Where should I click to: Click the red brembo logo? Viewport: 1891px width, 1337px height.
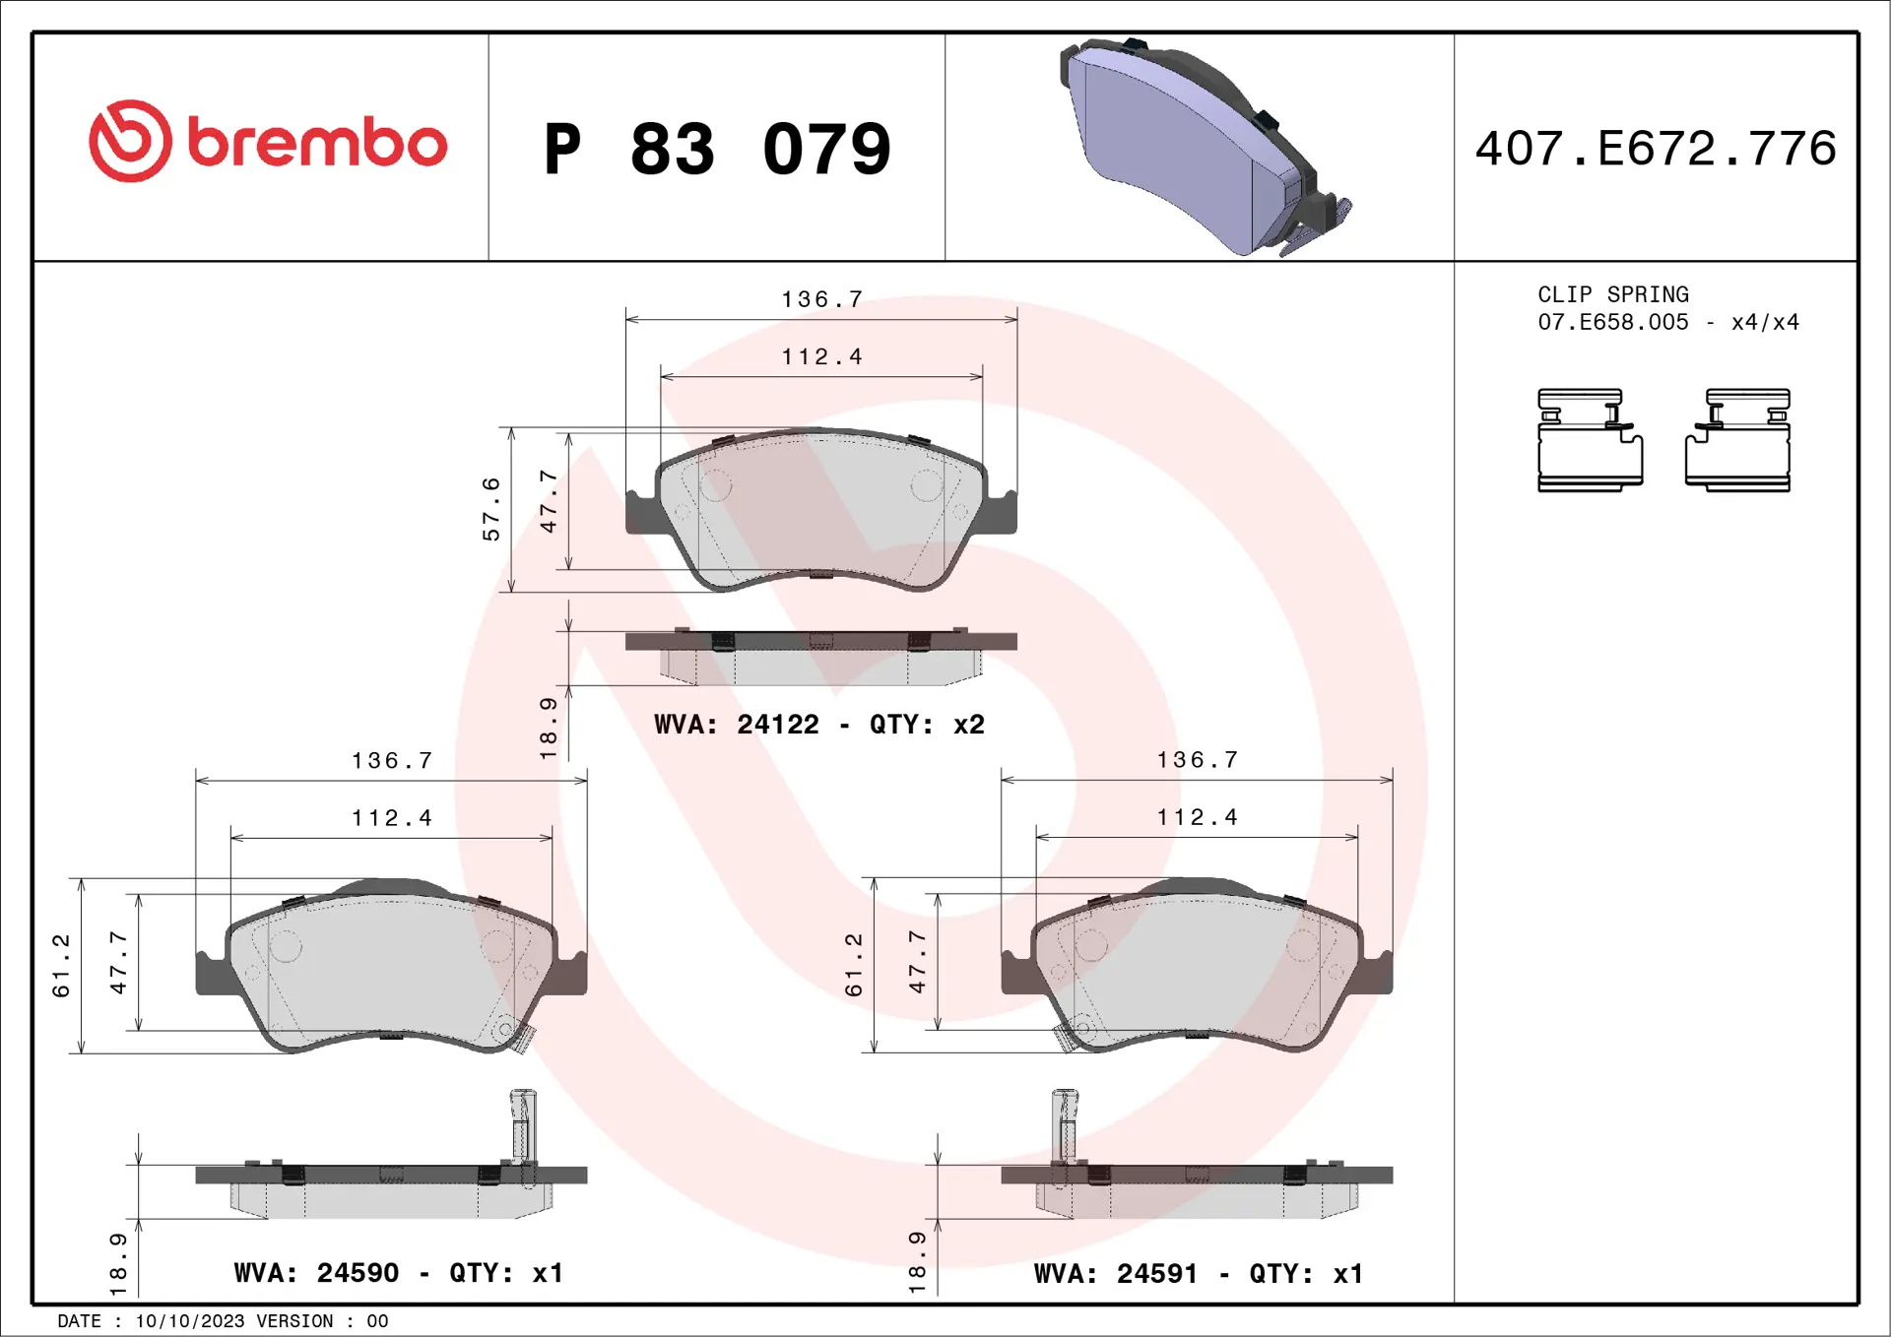tap(267, 142)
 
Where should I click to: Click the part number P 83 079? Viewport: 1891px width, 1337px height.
tap(717, 150)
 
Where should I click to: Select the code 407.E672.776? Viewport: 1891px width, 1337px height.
tap(1656, 149)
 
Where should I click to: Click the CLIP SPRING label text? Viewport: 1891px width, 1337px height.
tap(1612, 294)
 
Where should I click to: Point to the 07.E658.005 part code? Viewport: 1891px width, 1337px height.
tap(1612, 322)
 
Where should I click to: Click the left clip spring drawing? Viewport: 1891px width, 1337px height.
tap(1590, 439)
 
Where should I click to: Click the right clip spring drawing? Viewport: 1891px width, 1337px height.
tap(1738, 439)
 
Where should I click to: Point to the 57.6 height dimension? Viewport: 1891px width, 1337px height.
tap(490, 509)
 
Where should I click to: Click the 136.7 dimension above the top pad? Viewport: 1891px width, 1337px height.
tap(821, 299)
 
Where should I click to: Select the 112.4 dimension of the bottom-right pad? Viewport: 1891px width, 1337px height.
tap(1197, 817)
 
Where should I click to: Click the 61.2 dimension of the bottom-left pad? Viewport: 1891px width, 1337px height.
tap(61, 965)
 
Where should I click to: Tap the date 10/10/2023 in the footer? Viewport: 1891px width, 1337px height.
tap(189, 1321)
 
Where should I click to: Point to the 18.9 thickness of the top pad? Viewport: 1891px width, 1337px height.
tap(549, 728)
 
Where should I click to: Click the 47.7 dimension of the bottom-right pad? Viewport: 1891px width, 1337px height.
tap(917, 961)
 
